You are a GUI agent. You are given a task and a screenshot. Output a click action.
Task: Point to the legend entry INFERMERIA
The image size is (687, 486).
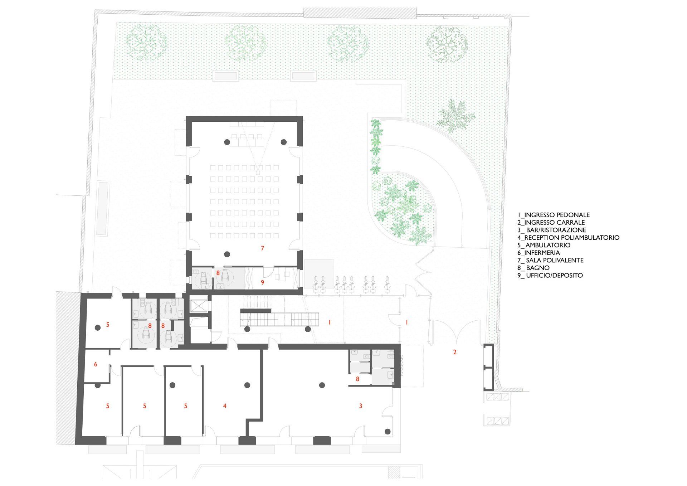coord(539,253)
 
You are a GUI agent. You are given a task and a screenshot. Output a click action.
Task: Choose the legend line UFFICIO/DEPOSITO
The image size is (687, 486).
coord(550,275)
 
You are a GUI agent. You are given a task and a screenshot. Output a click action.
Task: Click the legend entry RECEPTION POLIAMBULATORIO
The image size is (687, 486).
coord(568,238)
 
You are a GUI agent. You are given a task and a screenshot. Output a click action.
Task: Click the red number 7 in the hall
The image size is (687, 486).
coord(263,248)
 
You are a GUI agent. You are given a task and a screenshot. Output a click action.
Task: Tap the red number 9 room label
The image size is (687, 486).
coord(262,282)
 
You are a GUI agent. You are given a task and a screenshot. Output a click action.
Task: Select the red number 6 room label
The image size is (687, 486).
coord(96,364)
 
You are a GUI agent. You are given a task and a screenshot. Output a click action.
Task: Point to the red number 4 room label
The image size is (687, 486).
coord(225,406)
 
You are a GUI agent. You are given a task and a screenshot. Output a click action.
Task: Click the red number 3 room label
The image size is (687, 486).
coord(361,406)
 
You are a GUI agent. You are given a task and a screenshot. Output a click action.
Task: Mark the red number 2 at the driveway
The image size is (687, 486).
coord(455,352)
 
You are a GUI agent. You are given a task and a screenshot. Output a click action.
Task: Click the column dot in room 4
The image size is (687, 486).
coord(247,385)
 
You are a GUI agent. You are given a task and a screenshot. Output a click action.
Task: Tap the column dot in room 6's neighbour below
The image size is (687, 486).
coord(97,385)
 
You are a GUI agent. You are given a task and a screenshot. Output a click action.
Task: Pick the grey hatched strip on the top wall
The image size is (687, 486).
coord(360,13)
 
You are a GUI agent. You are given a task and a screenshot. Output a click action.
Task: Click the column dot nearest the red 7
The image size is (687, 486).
coord(226,254)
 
